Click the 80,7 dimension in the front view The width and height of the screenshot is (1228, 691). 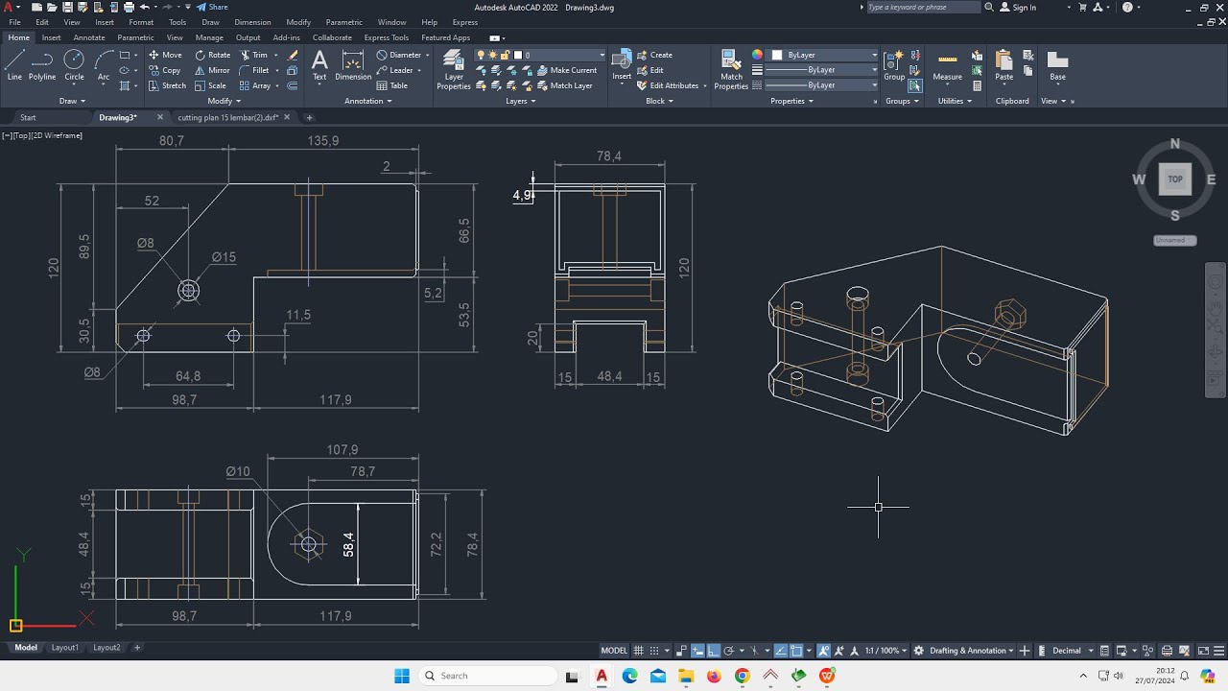point(172,140)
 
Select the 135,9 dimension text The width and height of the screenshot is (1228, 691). point(322,140)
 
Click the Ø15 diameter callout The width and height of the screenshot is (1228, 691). point(224,257)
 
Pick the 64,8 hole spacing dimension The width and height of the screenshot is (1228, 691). point(188,376)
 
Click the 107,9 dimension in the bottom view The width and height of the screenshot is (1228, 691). point(342,449)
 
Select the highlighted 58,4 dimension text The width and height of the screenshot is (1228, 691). point(348,544)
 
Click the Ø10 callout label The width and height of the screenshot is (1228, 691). point(238,471)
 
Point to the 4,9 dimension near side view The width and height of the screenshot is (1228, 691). point(522,195)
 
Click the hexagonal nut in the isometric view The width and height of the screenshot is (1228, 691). point(1010,313)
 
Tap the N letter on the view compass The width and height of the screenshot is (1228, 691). point(1175,145)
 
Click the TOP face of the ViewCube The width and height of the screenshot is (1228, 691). point(1175,179)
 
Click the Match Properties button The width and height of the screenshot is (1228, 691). point(731,71)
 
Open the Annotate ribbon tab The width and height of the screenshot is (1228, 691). point(89,37)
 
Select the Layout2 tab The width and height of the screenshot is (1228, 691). point(106,648)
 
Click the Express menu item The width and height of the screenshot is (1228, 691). point(464,22)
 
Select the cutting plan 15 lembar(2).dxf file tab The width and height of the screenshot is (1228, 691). point(228,117)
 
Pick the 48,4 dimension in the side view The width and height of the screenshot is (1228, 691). point(609,376)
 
